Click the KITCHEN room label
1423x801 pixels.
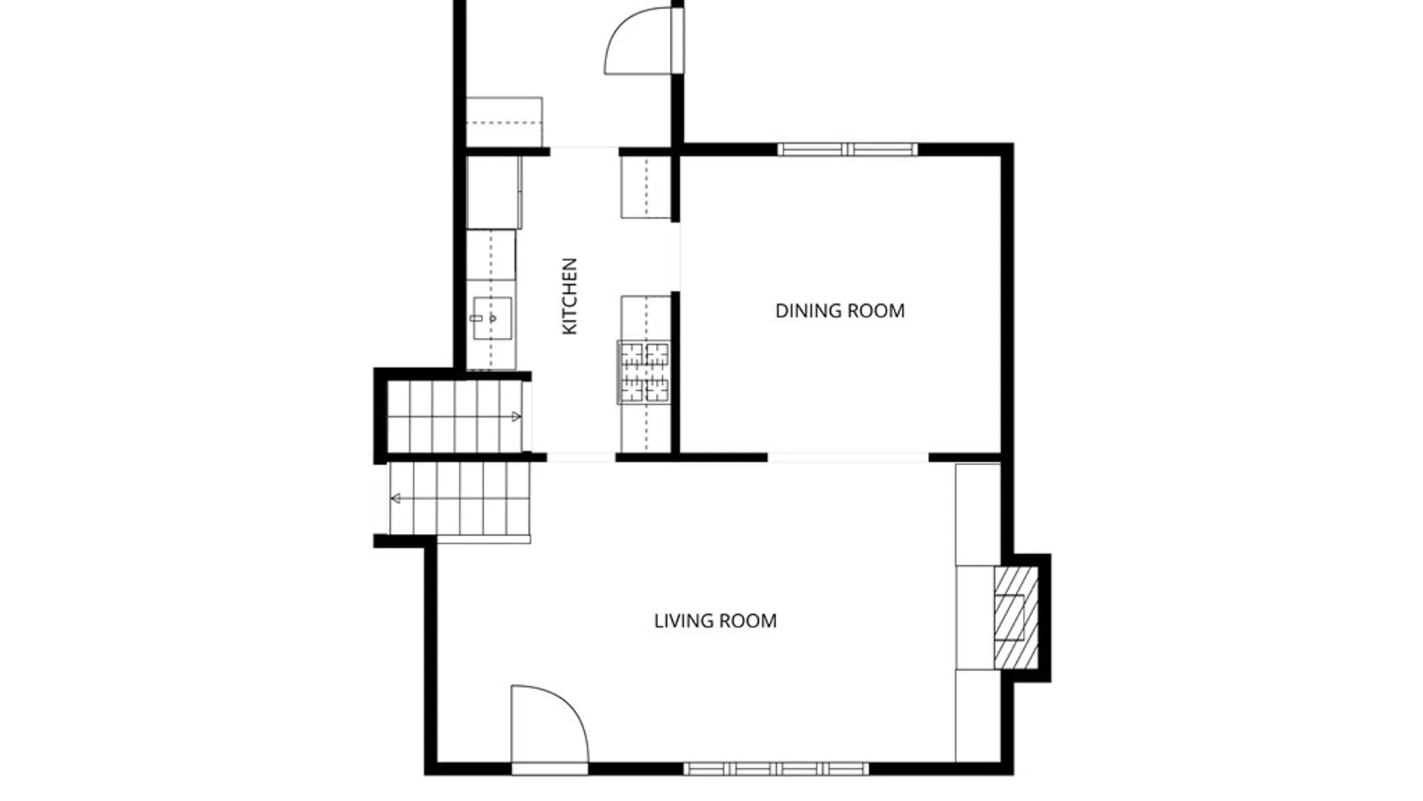[x=569, y=296]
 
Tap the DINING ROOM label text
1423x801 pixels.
[x=840, y=311]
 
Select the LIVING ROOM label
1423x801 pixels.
[x=715, y=621]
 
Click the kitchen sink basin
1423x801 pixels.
[x=492, y=318]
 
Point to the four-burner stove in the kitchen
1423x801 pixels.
[x=644, y=372]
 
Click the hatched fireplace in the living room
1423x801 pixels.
[x=1015, y=619]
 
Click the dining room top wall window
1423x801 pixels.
[x=847, y=150]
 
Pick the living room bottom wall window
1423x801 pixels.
[x=775, y=769]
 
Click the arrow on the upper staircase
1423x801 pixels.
[x=517, y=417]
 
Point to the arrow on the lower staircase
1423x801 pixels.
[x=396, y=498]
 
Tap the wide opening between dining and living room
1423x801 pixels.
[x=848, y=458]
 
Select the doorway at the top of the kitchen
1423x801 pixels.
[x=584, y=151]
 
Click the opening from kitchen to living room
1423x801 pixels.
[x=581, y=458]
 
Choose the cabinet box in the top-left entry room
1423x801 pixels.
[x=504, y=122]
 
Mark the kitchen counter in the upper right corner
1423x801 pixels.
[x=646, y=188]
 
